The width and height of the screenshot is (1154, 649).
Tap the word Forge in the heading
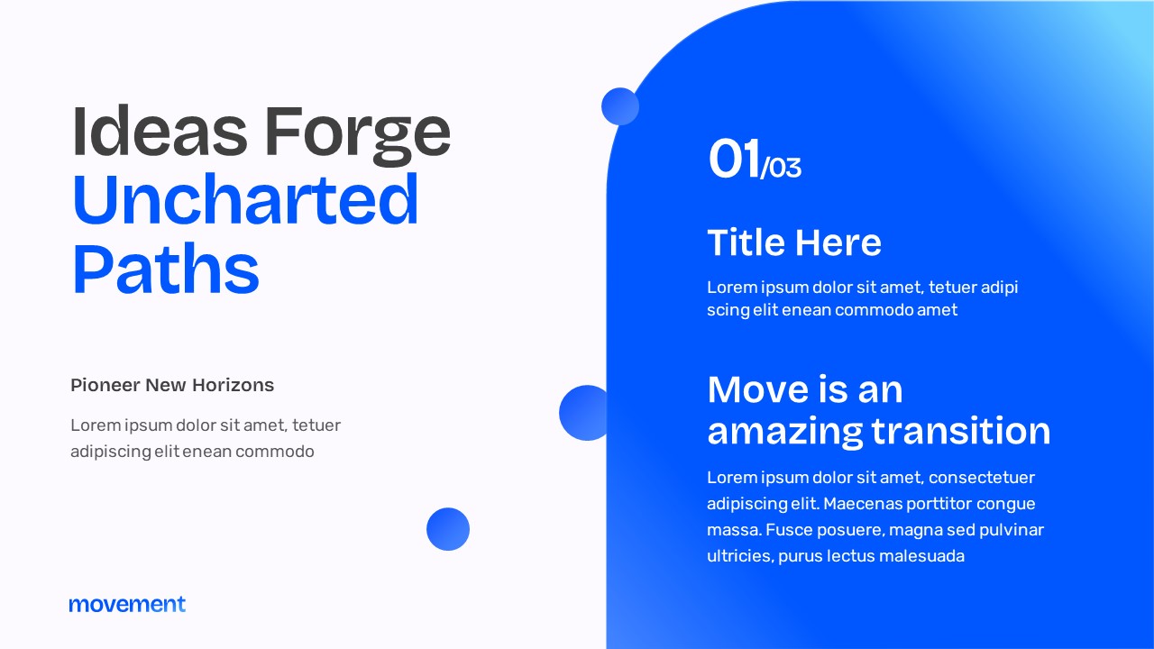pyautogui.click(x=357, y=133)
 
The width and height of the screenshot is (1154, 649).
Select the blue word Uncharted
pyautogui.click(x=245, y=199)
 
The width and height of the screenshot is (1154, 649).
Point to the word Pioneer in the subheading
pyautogui.click(x=105, y=385)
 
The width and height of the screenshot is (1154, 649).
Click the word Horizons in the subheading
pyautogui.click(x=233, y=385)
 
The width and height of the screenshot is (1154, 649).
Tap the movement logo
pyautogui.click(x=127, y=604)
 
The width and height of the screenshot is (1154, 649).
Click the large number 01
pyautogui.click(x=734, y=160)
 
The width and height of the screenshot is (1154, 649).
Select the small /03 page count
pyautogui.click(x=782, y=168)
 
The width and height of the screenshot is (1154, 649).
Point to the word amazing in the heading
pyautogui.click(x=783, y=432)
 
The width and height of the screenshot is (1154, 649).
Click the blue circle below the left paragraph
pyautogui.click(x=448, y=529)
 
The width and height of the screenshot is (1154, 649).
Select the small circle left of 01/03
pyautogui.click(x=620, y=106)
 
